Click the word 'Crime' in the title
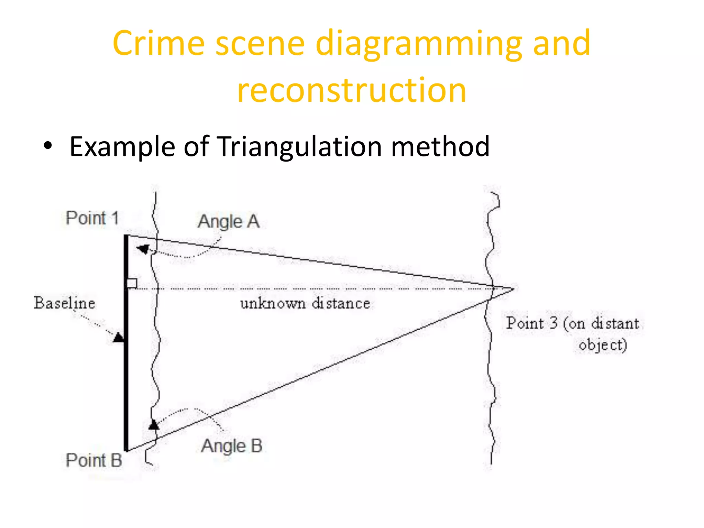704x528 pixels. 158,43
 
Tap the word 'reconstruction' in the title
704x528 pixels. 352,90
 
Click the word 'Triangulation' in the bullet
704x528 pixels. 299,147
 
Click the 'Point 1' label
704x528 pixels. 92,218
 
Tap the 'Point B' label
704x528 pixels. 94,460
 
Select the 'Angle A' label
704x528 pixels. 228,222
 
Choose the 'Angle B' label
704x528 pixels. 232,446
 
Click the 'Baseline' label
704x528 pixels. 64,303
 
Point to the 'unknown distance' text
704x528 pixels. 305,304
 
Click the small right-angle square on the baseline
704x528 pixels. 132,283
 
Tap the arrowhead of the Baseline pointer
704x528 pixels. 119,337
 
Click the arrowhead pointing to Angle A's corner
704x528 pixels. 143,249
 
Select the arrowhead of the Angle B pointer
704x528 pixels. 154,425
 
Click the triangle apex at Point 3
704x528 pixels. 514,289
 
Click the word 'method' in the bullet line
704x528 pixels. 440,146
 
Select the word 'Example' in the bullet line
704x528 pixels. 122,147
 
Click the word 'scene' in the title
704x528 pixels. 260,44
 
